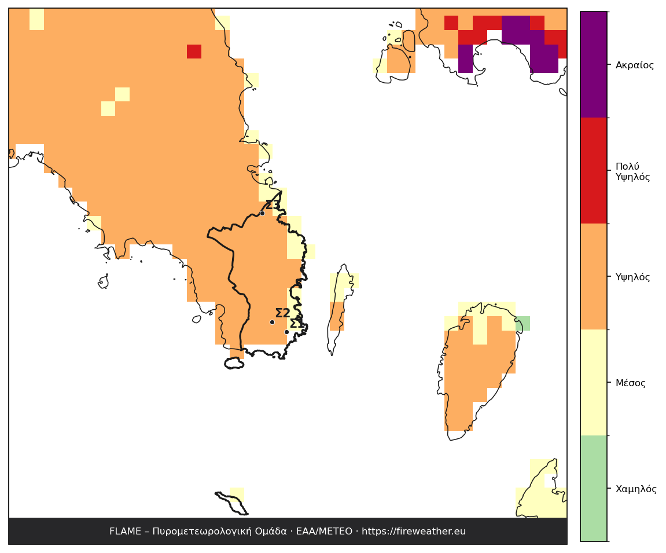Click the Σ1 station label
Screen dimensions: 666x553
297,324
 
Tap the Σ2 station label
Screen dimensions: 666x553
283,313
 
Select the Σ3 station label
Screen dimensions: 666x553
273,205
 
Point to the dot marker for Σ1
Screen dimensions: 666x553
286,332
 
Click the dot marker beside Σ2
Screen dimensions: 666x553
273,322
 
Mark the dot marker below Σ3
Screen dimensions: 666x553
263,213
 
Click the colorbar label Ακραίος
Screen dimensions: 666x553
635,65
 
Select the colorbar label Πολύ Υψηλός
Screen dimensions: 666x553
633,171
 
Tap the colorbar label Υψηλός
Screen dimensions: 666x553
633,277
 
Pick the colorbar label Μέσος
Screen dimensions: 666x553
631,383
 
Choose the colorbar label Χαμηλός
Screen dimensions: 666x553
636,489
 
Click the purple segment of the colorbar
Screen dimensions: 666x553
593,65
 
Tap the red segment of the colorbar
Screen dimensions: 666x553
593,170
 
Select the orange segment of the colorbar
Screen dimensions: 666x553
593,276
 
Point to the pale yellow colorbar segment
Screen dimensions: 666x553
593,382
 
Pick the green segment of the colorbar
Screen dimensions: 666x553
593,488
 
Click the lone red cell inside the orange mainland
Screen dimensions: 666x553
194,52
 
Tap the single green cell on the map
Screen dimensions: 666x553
523,324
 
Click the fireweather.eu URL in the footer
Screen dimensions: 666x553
414,532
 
